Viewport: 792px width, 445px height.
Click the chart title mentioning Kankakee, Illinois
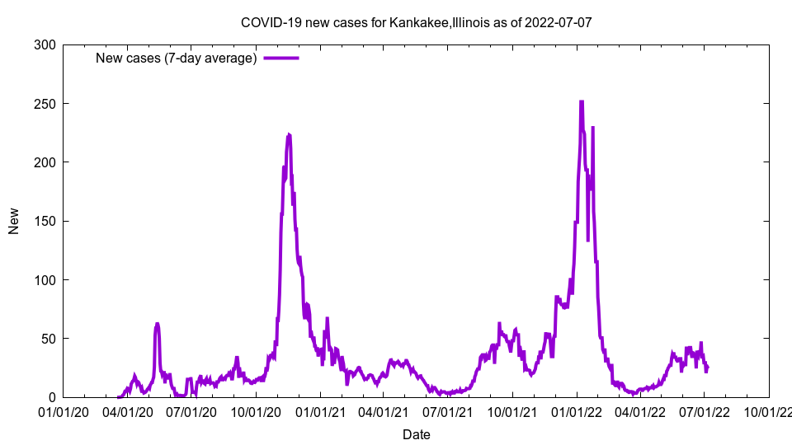[x=416, y=22]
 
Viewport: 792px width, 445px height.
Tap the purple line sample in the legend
[x=281, y=58]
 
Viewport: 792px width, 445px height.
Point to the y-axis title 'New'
[x=14, y=221]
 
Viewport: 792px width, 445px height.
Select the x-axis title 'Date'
[x=416, y=434]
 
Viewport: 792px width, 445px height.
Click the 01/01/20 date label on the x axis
[x=64, y=412]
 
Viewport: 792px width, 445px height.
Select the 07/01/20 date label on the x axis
[x=192, y=412]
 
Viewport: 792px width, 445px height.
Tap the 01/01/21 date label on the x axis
[x=321, y=412]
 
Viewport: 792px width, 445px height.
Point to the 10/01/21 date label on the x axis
[x=512, y=412]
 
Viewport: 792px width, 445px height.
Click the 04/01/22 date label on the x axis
[x=640, y=412]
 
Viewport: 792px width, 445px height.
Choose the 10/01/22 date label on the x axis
[x=769, y=412]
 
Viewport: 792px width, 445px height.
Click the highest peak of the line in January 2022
[x=582, y=102]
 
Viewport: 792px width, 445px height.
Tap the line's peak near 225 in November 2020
[x=288, y=134]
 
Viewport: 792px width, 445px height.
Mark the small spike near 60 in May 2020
[x=157, y=325]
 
